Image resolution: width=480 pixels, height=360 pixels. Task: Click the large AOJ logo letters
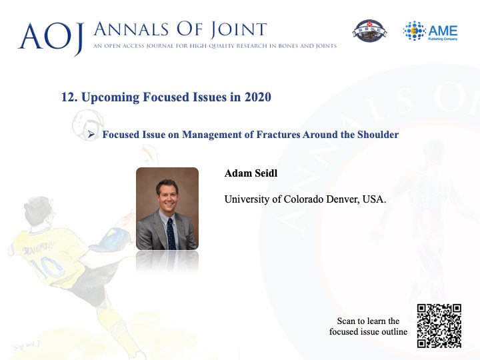(51, 37)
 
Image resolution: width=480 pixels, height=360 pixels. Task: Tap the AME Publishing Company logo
(430, 31)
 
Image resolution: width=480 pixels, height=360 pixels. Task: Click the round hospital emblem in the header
(369, 31)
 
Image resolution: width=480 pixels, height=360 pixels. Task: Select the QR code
(439, 326)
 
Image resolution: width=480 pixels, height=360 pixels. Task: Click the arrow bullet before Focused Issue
(91, 134)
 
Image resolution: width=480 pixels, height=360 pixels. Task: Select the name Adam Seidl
(251, 173)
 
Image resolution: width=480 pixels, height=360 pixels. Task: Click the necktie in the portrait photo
(171, 233)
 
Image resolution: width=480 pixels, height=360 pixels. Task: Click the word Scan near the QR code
(346, 321)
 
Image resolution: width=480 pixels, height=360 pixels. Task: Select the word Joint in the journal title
(238, 30)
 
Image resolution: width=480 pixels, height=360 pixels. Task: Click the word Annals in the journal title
(131, 29)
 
